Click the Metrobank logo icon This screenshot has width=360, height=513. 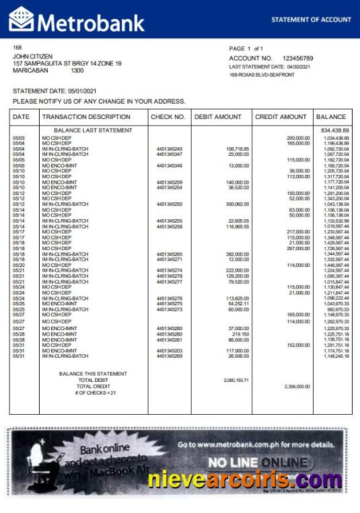[x=22, y=19]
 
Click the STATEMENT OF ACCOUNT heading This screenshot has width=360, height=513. [x=311, y=20]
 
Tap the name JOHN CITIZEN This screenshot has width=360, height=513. [x=33, y=56]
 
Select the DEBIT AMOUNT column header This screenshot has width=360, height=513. [x=217, y=117]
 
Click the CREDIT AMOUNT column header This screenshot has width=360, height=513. [x=281, y=117]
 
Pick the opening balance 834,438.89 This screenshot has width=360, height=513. [x=334, y=130]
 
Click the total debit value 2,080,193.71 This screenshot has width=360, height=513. [x=236, y=380]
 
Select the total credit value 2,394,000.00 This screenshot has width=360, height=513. [x=297, y=387]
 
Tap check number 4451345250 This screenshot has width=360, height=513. [x=169, y=204]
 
